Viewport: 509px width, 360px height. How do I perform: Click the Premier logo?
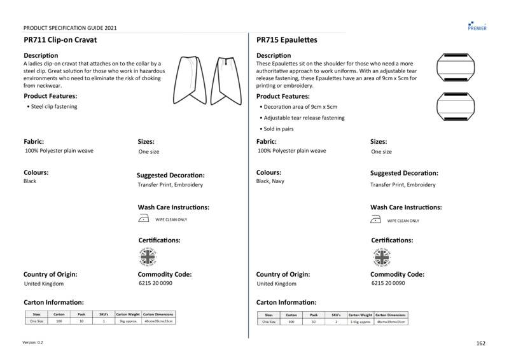[x=477, y=24]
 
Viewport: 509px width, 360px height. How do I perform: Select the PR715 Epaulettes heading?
[x=287, y=39]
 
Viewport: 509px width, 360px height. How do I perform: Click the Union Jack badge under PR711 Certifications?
[x=148, y=257]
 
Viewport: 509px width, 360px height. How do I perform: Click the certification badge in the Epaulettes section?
[x=380, y=257]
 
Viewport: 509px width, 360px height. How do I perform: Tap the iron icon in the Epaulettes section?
[x=376, y=220]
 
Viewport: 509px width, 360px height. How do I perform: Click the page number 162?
[x=480, y=343]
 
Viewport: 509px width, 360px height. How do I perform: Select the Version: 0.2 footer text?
[x=33, y=343]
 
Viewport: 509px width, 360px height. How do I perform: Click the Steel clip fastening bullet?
[x=53, y=107]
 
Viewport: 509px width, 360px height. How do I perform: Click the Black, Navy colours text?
[x=270, y=181]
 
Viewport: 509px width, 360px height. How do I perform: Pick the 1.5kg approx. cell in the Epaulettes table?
[x=361, y=322]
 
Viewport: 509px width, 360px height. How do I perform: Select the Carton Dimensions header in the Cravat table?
[x=158, y=315]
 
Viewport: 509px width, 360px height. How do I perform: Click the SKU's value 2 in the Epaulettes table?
[x=336, y=322]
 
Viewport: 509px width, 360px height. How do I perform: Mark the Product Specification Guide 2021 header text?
[x=69, y=28]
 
